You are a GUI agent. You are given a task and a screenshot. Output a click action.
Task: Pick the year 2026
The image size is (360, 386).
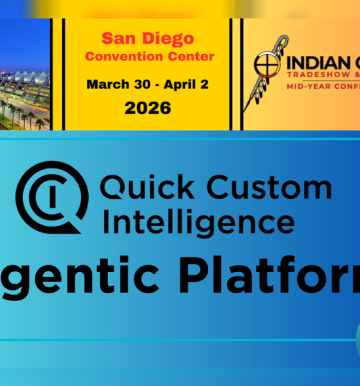pos(148,107)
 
